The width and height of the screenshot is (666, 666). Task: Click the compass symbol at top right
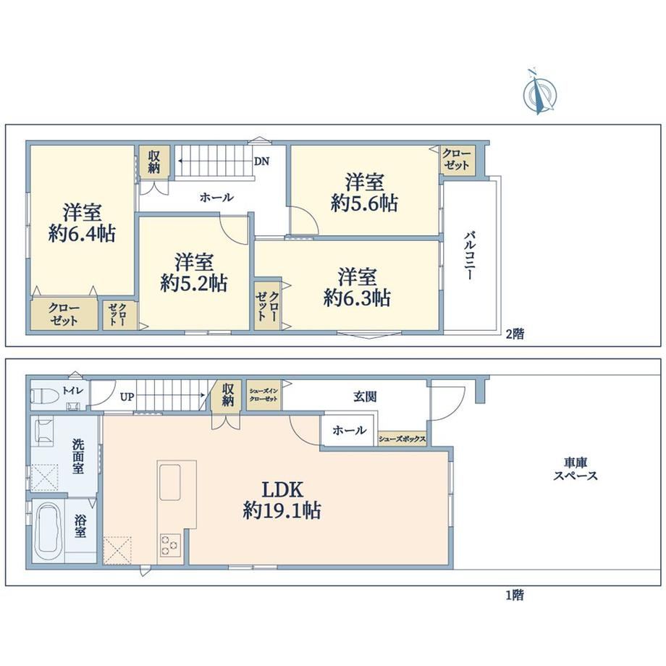click(x=539, y=93)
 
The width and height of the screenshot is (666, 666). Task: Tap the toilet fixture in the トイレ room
click(x=44, y=396)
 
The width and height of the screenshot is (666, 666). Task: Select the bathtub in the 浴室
click(x=49, y=532)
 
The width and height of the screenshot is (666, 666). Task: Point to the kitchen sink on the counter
click(x=170, y=483)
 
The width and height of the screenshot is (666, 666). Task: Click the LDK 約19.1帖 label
click(x=282, y=500)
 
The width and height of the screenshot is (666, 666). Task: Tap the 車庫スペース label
click(x=576, y=469)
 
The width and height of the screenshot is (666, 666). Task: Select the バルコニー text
click(x=469, y=255)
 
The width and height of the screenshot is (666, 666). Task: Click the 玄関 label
click(x=365, y=397)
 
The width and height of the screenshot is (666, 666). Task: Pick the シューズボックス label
click(x=402, y=439)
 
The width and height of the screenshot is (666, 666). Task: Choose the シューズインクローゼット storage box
click(x=264, y=395)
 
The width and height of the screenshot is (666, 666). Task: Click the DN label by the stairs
click(x=261, y=161)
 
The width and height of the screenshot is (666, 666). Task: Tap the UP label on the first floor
click(x=127, y=397)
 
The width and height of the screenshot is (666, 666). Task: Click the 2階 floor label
click(x=515, y=334)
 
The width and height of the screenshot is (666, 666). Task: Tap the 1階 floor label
click(x=515, y=595)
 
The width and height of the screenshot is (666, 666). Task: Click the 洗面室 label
click(x=77, y=457)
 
